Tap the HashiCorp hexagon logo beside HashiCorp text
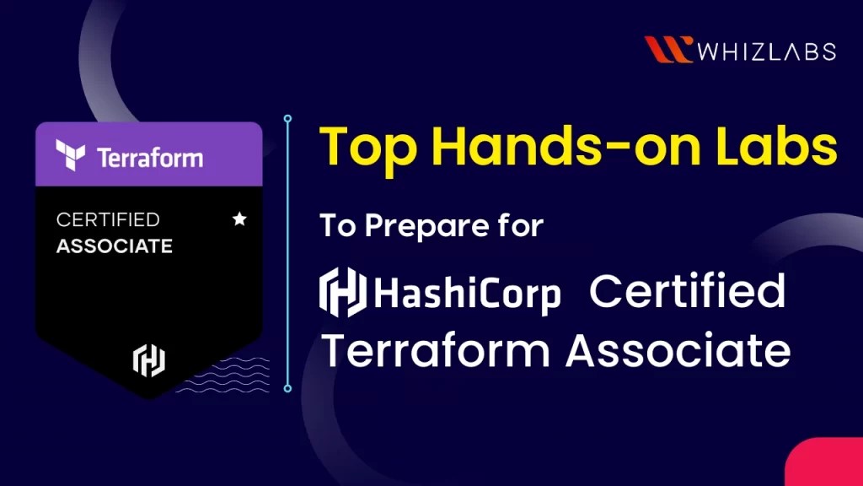[x=342, y=291]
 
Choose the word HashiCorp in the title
[x=468, y=293]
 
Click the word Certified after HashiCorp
[x=687, y=291]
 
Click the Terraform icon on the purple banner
[x=71, y=154]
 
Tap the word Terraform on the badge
[x=149, y=158]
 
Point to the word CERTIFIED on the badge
[x=108, y=219]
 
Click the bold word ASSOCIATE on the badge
[x=114, y=246]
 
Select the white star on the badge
[x=239, y=219]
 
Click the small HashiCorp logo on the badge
[x=149, y=360]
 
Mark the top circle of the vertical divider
[x=287, y=119]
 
